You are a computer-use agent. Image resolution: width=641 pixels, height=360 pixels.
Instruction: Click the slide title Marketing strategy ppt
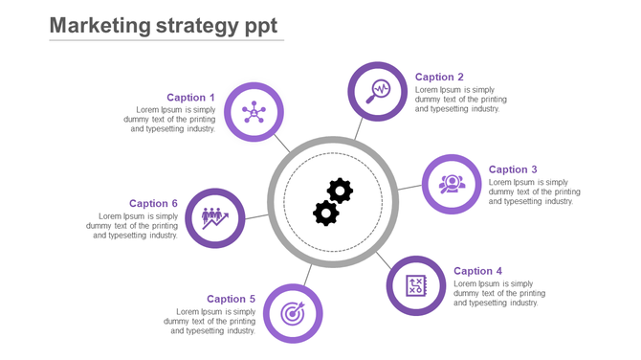[163, 26]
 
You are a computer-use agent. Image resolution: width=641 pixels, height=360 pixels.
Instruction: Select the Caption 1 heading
[190, 98]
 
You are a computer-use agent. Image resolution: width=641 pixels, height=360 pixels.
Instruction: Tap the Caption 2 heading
[440, 78]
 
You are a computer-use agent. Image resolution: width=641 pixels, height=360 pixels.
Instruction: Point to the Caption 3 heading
[513, 170]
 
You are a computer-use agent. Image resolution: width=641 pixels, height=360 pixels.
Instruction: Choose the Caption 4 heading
[477, 272]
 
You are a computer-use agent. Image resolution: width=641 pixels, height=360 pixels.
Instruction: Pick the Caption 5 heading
[232, 300]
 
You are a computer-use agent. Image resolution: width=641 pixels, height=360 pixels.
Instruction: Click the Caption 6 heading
[154, 204]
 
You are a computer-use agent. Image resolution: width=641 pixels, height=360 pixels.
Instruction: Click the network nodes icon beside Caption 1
[254, 112]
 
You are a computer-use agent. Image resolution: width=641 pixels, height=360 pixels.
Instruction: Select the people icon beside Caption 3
[452, 184]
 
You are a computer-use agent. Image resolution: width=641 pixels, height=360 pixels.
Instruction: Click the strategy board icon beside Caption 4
[416, 285]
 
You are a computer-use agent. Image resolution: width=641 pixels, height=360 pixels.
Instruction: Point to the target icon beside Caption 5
[293, 313]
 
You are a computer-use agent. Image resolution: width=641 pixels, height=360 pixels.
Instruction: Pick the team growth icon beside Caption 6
[215, 218]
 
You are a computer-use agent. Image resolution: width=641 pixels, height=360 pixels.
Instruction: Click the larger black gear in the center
[340, 191]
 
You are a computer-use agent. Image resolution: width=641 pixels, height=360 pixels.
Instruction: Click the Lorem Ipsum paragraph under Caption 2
[460, 100]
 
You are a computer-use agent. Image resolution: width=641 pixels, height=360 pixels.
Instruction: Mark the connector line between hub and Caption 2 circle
[359, 130]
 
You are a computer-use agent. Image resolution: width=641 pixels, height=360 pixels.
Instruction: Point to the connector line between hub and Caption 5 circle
[308, 275]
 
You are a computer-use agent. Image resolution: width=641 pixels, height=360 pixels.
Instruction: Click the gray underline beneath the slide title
[166, 41]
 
